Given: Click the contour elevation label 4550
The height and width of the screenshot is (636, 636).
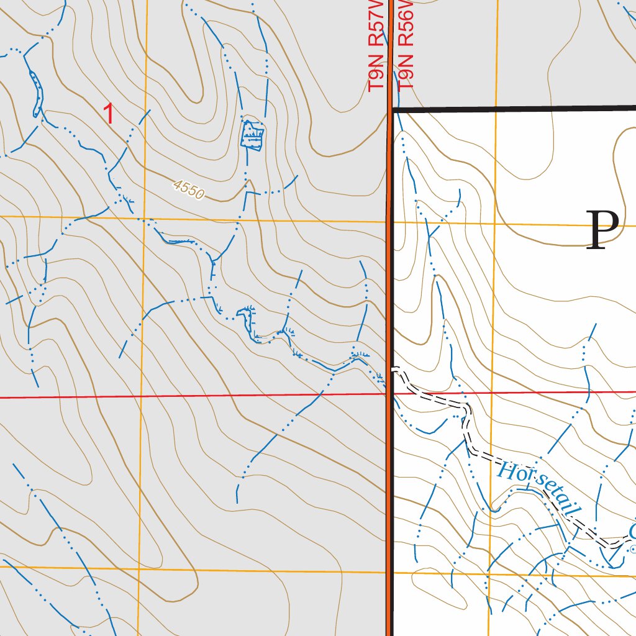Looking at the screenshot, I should pos(189,190).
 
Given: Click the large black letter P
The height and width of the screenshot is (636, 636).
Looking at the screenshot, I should pos(602,230).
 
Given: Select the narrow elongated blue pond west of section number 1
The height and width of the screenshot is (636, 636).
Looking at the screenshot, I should pos(36,93).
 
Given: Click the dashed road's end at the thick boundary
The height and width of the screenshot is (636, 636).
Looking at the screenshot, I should pos(393,370).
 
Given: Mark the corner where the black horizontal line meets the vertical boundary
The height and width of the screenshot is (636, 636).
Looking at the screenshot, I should pos(391,109).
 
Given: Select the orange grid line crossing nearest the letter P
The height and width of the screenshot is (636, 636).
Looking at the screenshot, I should pos(495,223).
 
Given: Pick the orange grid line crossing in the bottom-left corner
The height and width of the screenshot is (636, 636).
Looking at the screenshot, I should pos(138,568).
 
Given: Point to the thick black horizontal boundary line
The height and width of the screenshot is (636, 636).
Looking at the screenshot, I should pos(516,109).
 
